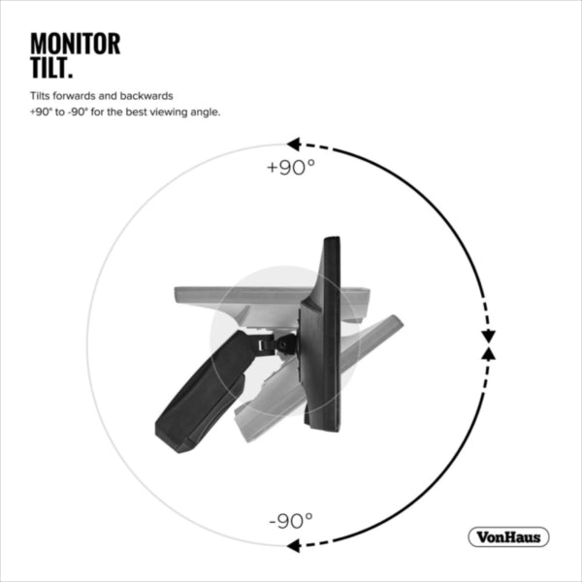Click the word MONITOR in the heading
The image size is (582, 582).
tap(76, 44)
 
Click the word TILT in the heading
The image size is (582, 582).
tap(51, 68)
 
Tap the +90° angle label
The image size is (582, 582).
tap(291, 168)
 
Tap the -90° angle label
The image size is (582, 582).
tap(291, 520)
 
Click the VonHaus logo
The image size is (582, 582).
tap(508, 536)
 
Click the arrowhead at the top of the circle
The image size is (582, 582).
tap(294, 144)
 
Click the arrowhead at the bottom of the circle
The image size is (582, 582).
tap(294, 545)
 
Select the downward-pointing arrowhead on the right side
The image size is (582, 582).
tap(489, 336)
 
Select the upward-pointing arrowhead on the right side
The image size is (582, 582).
tap(489, 353)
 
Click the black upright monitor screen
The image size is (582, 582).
tap(322, 334)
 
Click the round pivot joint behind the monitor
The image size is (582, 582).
tap(286, 343)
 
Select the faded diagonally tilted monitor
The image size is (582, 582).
tap(318, 378)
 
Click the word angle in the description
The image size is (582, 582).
tap(206, 113)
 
